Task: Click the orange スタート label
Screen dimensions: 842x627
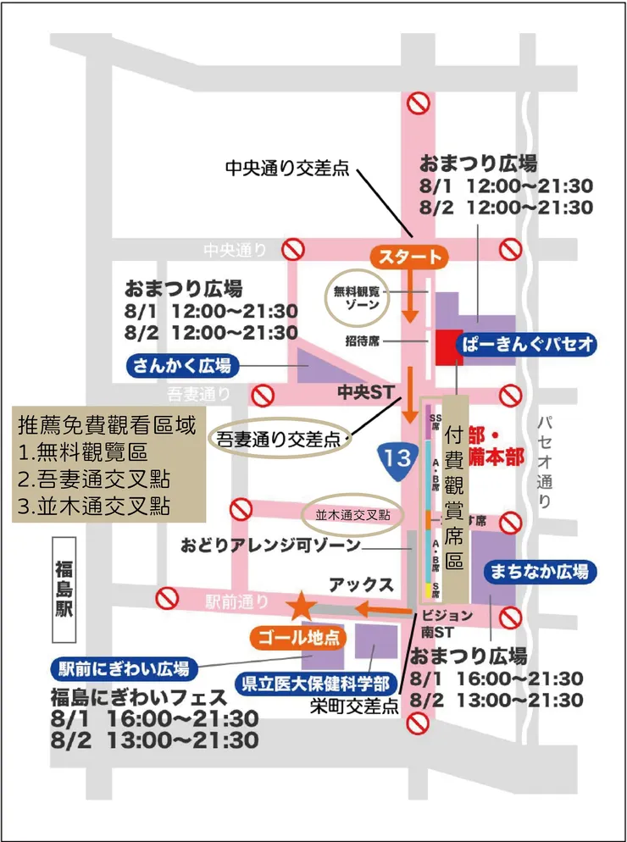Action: (409, 258)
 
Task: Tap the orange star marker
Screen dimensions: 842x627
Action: (300, 606)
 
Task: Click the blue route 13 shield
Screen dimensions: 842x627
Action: (397, 457)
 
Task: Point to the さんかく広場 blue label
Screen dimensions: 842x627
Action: (182, 365)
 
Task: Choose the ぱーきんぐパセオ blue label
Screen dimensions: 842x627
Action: (527, 344)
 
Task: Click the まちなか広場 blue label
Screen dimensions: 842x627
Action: (539, 573)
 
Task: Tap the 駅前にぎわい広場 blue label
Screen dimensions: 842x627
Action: (124, 668)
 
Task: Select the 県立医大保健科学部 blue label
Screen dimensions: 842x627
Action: (317, 683)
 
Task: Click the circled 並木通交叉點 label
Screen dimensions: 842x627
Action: (352, 513)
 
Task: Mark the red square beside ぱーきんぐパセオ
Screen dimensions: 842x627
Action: (448, 347)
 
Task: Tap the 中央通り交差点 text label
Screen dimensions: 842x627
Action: (287, 168)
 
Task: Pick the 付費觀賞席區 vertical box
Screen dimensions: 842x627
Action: (456, 498)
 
